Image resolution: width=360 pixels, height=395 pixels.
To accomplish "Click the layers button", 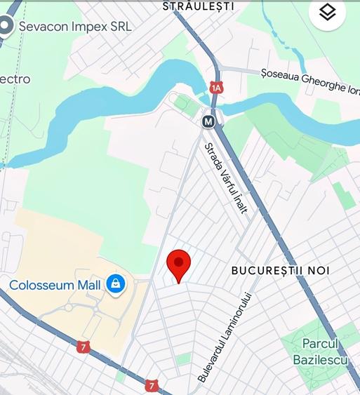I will point(327,13).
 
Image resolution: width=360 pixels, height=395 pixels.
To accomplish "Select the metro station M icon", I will point(208,121).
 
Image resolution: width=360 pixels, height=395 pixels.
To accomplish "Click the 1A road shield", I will point(215,88).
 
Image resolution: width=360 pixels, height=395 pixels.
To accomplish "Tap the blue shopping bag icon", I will point(115,284).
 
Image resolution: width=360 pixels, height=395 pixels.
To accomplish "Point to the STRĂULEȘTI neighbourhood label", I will point(199,6).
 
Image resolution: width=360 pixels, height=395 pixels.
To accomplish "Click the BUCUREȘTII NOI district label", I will point(280,270).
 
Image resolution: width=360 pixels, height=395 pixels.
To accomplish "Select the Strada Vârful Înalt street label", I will point(226,178).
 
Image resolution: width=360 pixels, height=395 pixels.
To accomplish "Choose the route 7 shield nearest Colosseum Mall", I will point(84,347).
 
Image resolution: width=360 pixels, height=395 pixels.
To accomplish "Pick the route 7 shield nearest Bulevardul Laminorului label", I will point(151,385).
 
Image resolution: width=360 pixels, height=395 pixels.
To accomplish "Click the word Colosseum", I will point(44,286).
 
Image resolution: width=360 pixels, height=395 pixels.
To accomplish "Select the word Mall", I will point(91,286).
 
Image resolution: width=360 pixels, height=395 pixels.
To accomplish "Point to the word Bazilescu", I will point(321,359).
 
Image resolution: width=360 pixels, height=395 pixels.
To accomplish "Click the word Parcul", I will point(320,344).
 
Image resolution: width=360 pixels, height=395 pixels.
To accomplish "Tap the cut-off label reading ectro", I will point(15,79).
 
